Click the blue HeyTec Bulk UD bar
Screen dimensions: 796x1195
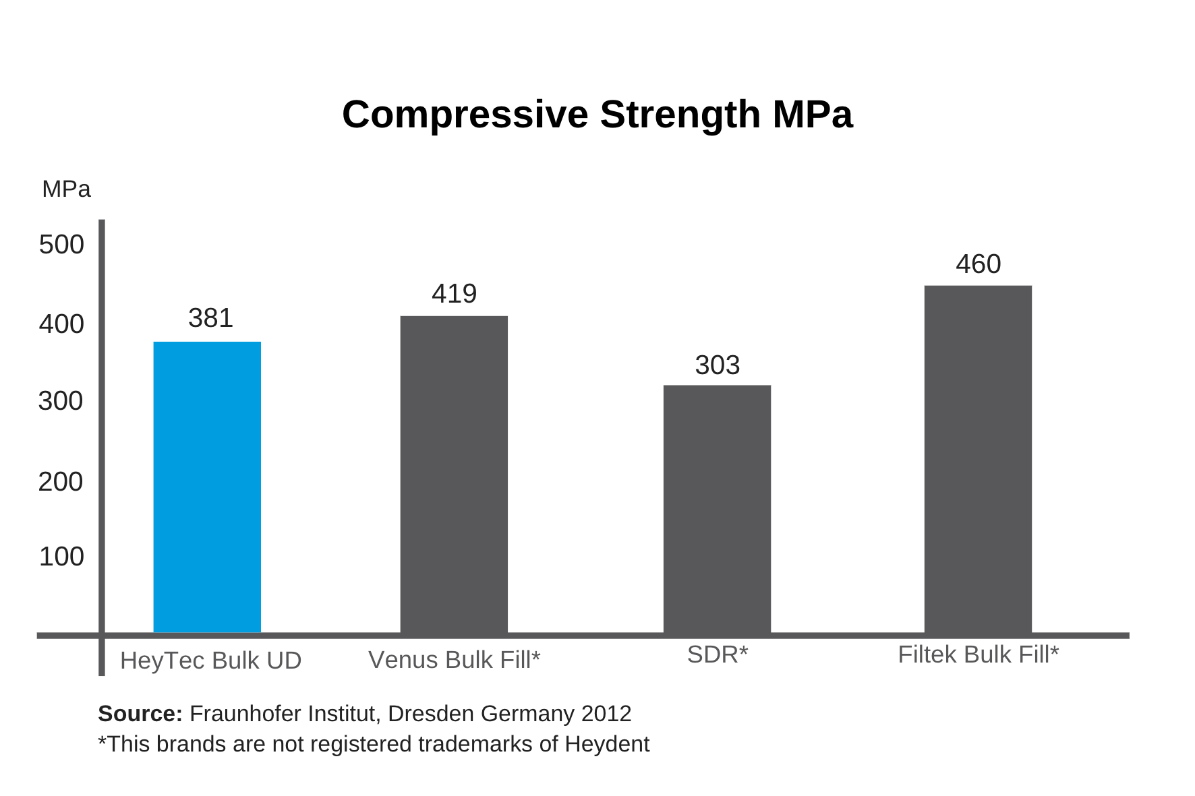pyautogui.click(x=207, y=487)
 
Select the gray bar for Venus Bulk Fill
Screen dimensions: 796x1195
pyautogui.click(x=454, y=474)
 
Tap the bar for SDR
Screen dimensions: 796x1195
pyautogui.click(x=717, y=509)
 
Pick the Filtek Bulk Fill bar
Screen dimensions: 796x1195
pyautogui.click(x=978, y=459)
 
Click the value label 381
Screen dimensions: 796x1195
pyautogui.click(x=210, y=318)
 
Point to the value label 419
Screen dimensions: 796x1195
pyautogui.click(x=454, y=294)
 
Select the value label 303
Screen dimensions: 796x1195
pyautogui.click(x=717, y=365)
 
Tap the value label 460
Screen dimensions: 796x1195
pyautogui.click(x=978, y=264)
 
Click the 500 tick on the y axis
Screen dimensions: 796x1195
pyautogui.click(x=61, y=245)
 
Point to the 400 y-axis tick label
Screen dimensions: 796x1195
pyautogui.click(x=61, y=324)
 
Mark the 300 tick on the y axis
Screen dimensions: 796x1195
pyautogui.click(x=61, y=401)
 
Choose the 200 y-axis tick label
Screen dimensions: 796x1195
pyautogui.click(x=61, y=482)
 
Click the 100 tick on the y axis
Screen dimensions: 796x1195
pyautogui.click(x=61, y=557)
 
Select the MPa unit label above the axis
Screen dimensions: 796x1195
pyautogui.click(x=66, y=189)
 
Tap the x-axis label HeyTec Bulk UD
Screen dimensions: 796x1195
pyautogui.click(x=210, y=661)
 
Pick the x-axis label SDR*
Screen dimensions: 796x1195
pyautogui.click(x=717, y=654)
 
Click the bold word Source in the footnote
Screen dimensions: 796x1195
pyautogui.click(x=140, y=714)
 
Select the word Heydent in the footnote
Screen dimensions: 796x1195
pyautogui.click(x=607, y=744)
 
